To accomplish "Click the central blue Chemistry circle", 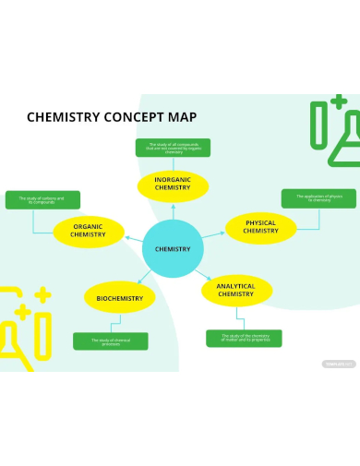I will click(x=173, y=249).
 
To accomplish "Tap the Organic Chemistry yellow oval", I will click(x=89, y=231).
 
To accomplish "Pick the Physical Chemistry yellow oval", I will click(x=260, y=227).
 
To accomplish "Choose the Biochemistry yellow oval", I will click(x=120, y=298).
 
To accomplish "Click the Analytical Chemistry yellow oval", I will click(x=236, y=290).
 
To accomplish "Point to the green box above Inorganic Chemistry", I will click(x=173, y=148).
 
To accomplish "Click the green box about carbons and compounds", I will click(x=42, y=199).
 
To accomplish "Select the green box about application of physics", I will click(x=305, y=197).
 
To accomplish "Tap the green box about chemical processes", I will click(x=111, y=341).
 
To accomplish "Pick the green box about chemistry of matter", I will click(x=244, y=338).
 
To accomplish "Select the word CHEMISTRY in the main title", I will click(x=60, y=117).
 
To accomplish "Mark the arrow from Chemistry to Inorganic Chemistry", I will click(x=173, y=212).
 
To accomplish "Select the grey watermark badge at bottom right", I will click(x=338, y=364).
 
